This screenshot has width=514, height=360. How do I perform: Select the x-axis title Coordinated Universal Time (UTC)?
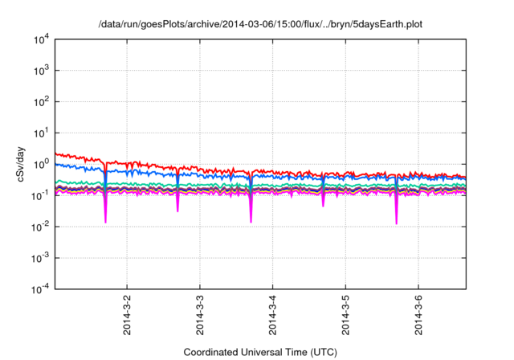click(x=259, y=352)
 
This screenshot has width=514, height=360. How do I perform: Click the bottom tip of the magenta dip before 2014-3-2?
click(x=105, y=222)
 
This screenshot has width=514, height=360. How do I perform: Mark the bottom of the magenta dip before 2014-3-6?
click(x=397, y=223)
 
